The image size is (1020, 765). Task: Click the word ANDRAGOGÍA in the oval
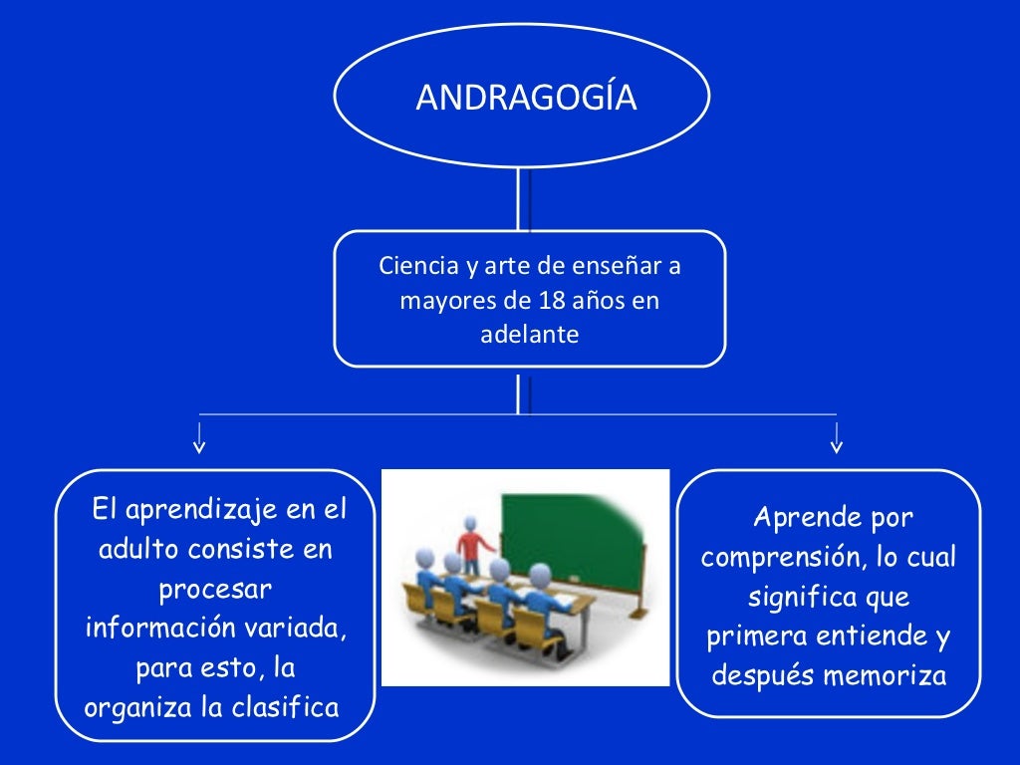click(x=526, y=98)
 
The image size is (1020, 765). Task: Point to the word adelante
click(x=529, y=335)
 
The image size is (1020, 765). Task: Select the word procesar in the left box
click(x=215, y=589)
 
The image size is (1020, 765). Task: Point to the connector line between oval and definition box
click(x=519, y=199)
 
